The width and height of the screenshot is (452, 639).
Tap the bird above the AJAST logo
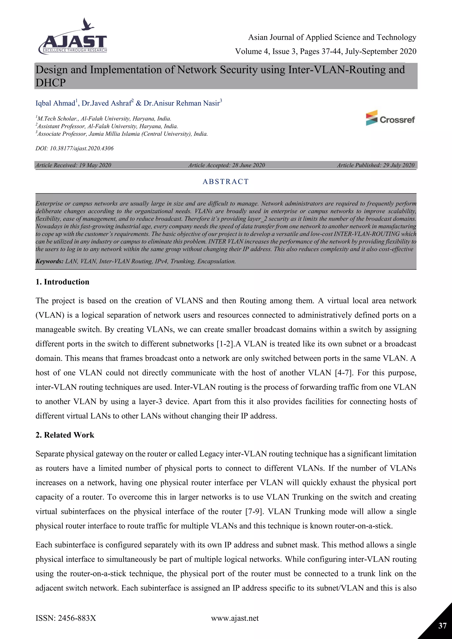(x=88, y=24)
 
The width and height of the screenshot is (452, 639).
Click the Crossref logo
(x=390, y=118)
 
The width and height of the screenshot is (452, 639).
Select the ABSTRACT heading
(x=226, y=182)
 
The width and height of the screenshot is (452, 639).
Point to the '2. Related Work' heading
(x=65, y=435)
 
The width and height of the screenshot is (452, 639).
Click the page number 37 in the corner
(x=442, y=626)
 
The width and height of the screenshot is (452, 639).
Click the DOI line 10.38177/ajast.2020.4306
(x=75, y=148)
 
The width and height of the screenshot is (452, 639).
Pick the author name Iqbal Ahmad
(x=55, y=103)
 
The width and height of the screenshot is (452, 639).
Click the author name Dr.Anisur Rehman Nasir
(x=181, y=103)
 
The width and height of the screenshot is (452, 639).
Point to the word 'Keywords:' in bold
(x=49, y=261)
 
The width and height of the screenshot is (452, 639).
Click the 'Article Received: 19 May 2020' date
(x=73, y=165)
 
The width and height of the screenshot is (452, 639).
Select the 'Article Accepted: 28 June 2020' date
(x=227, y=165)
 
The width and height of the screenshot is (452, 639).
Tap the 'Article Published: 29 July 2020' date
(x=376, y=165)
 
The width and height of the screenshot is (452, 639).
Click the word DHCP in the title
(x=51, y=83)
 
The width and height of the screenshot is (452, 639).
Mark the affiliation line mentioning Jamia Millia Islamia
(x=122, y=134)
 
